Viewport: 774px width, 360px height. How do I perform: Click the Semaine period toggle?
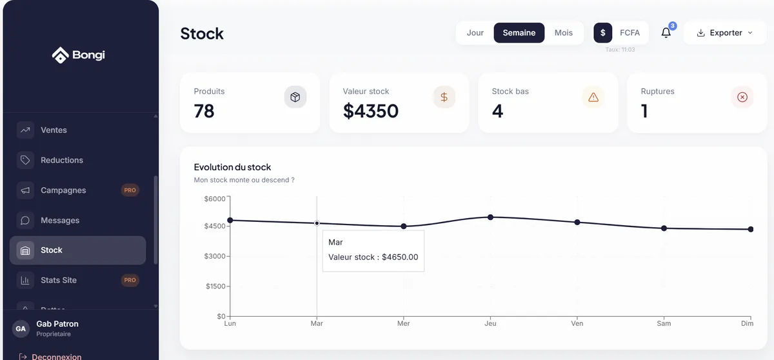coord(519,33)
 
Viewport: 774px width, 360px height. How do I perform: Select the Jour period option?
coord(475,33)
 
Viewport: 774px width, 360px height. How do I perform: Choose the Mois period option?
coord(563,33)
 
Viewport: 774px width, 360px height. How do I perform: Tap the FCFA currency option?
coord(630,33)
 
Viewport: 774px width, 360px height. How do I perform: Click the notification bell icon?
coord(666,33)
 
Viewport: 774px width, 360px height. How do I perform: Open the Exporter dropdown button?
coord(725,33)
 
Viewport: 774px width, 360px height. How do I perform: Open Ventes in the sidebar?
coord(54,130)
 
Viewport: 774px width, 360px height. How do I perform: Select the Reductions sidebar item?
coord(61,160)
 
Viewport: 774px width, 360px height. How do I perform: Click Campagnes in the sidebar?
coord(63,190)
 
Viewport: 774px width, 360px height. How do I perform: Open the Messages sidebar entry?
coord(60,221)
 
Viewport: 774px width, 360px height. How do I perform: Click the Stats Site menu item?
coord(58,281)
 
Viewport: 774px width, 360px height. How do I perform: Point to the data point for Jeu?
coord(490,217)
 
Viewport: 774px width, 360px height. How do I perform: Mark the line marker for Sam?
coord(664,228)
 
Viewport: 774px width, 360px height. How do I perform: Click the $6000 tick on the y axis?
coord(215,199)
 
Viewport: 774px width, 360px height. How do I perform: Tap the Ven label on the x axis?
coord(577,324)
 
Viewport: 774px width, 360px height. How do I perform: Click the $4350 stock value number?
coord(371,111)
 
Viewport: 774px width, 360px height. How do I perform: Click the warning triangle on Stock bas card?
coord(593,97)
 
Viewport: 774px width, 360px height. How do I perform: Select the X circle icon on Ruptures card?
coord(742,97)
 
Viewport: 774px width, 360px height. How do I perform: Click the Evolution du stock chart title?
coord(232,167)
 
